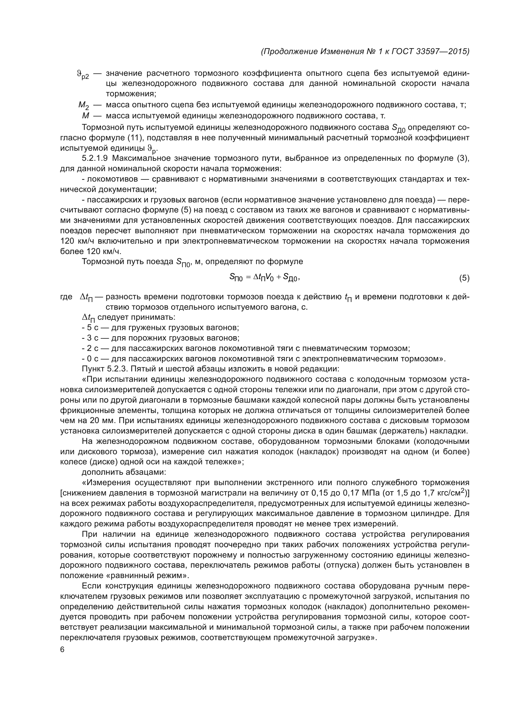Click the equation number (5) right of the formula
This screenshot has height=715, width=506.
point(464,278)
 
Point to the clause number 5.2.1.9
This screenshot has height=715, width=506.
point(95,158)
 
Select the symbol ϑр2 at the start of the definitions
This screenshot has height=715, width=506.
point(83,75)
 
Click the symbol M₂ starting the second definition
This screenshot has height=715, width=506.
point(84,106)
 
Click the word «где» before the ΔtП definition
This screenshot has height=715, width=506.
point(66,297)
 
